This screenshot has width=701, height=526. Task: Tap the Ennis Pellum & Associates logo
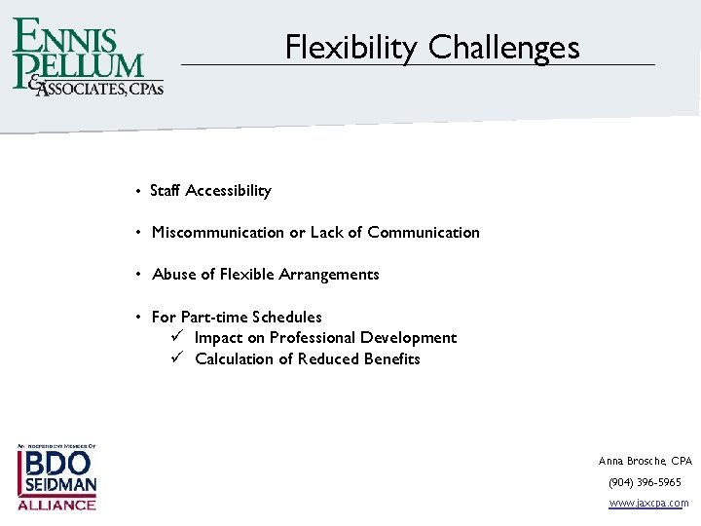(x=88, y=56)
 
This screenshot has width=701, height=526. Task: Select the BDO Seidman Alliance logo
(x=56, y=477)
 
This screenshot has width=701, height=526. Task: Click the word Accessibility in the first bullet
(x=228, y=191)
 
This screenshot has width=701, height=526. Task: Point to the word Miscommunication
(x=218, y=233)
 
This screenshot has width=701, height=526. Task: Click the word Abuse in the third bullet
(x=172, y=275)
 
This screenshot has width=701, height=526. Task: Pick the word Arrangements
(x=329, y=275)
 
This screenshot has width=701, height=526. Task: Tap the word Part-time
(x=214, y=318)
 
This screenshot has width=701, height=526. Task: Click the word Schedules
(x=287, y=318)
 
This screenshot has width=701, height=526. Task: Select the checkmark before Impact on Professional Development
(x=178, y=337)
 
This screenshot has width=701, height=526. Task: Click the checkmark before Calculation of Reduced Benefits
(x=178, y=358)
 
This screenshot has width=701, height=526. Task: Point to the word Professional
(x=313, y=338)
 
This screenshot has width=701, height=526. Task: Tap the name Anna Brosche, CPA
(x=645, y=461)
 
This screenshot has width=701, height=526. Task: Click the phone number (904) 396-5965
(x=645, y=482)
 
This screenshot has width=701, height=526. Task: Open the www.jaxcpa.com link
(x=647, y=504)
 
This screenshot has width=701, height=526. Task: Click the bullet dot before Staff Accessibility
(x=140, y=191)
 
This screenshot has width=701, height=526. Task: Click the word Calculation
(x=235, y=359)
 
